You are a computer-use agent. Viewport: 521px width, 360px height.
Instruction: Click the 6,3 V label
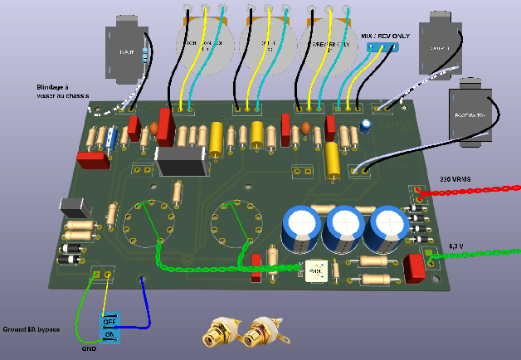(457, 246)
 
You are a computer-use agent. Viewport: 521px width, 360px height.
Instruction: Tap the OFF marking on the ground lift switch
(110, 320)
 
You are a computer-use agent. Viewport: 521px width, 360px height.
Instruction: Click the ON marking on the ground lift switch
(110, 333)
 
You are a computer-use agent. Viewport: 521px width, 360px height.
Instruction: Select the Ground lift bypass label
(32, 329)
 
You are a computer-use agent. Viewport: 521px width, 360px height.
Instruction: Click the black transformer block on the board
(182, 163)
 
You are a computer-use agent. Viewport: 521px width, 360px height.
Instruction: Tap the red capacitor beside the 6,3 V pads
(412, 266)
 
